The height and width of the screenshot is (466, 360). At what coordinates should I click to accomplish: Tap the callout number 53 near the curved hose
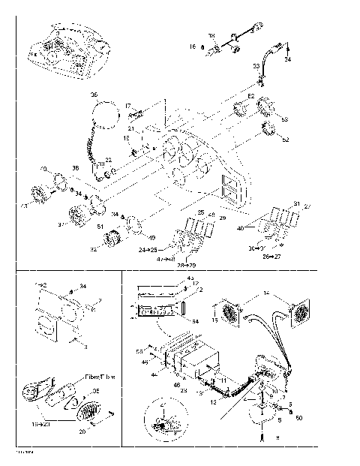click(256, 66)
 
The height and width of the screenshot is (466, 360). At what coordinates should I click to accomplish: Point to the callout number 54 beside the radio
click(196, 321)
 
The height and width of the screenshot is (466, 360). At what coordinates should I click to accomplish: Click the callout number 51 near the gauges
click(101, 226)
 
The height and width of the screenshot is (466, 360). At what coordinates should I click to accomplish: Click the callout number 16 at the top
click(192, 47)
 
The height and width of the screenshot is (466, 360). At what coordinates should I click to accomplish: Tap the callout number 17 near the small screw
click(128, 106)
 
